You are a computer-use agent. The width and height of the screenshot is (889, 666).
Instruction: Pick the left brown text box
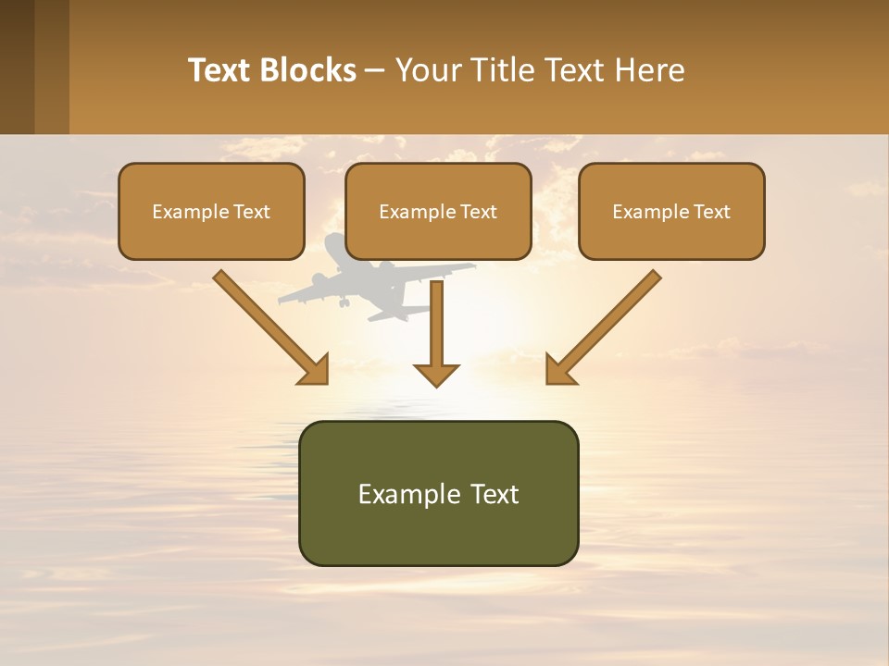point(211,211)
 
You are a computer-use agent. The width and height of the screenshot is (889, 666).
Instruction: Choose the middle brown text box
point(438,211)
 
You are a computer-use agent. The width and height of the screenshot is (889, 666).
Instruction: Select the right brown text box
point(671,211)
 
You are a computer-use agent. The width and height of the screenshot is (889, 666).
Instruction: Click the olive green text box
point(438,493)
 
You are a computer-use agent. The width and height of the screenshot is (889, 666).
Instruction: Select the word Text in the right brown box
point(711,212)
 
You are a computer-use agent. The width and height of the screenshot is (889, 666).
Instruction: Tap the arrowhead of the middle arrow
point(436,374)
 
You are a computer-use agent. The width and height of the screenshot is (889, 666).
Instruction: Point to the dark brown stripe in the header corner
point(17,67)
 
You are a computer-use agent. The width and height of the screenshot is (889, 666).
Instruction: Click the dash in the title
point(375,71)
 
